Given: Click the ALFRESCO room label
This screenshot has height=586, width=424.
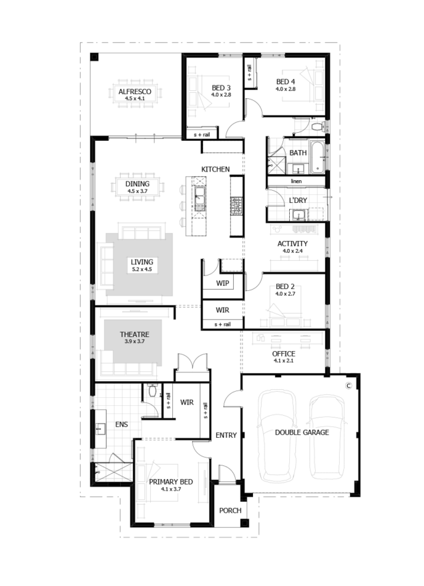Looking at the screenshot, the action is (135, 91).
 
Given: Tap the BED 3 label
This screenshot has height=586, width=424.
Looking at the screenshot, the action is (221, 88).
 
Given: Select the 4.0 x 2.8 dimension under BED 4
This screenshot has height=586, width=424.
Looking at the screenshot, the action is (286, 89).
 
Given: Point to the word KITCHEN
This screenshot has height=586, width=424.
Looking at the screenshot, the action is (216, 170).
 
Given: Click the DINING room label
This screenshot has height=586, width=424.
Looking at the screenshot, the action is (138, 184).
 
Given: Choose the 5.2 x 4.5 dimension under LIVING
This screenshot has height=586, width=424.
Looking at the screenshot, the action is (142, 269).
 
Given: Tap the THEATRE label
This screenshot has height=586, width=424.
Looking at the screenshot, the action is (135, 334).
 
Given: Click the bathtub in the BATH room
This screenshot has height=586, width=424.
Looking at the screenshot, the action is (317, 157).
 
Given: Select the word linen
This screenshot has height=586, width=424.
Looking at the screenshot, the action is (296, 182).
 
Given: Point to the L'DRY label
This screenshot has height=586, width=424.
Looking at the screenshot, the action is (298, 200).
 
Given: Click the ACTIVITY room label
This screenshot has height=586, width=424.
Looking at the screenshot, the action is (292, 244).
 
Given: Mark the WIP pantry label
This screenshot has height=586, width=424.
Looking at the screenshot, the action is (222, 283).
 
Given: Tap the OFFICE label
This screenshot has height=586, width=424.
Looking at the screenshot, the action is (283, 354).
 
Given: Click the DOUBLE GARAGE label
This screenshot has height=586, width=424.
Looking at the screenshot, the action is (302, 432).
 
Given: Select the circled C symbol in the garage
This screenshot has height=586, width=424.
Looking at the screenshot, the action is (349, 385).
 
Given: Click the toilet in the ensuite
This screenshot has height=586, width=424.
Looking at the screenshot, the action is (152, 390).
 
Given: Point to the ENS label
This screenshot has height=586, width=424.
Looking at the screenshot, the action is (122, 424).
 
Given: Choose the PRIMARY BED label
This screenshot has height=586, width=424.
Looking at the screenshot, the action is (171, 482).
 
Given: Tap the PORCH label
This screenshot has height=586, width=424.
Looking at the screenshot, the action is (230, 511).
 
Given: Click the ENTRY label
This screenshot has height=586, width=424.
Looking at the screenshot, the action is (226, 435).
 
